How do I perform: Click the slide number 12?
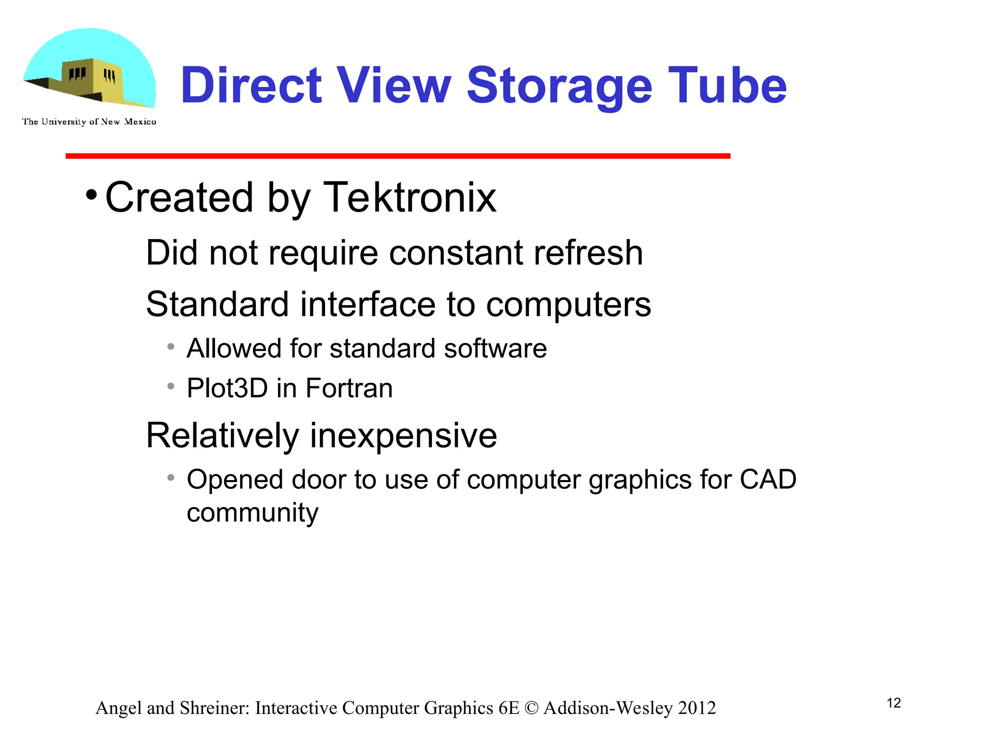(x=894, y=703)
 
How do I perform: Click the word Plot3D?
(x=227, y=388)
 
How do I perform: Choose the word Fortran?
(x=349, y=388)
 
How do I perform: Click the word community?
(x=253, y=513)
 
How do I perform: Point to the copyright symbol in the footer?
(x=531, y=708)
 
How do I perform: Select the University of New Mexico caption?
(x=89, y=122)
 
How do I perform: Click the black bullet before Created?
(x=91, y=195)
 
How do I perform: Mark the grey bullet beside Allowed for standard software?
(x=171, y=346)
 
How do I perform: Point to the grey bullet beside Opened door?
(x=171, y=478)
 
